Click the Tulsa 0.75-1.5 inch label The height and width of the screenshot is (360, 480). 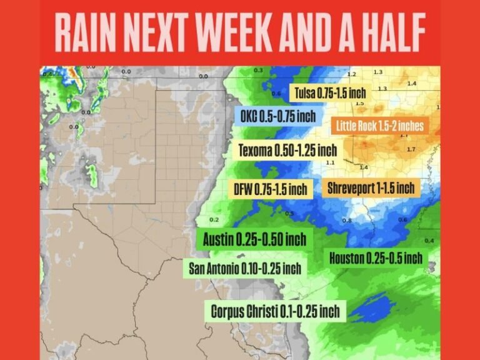tap(329, 93)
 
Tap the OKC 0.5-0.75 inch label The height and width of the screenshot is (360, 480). tap(278, 116)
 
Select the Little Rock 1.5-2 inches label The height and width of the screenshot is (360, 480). tap(379, 126)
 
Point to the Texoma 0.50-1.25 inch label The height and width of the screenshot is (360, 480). tap(287, 151)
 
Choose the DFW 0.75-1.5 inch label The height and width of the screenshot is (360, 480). tap(271, 189)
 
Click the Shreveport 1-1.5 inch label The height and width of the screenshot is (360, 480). tap(371, 187)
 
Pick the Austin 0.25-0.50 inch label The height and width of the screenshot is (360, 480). tap(254, 239)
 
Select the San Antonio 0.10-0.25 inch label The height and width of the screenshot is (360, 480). tap(244, 269)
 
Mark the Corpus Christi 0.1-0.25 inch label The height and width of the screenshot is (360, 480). tap(275, 311)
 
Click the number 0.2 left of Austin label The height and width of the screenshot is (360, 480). tap(214, 220)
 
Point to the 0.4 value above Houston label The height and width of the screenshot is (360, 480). tap(429, 241)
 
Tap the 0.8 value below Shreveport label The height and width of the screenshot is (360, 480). tap(347, 220)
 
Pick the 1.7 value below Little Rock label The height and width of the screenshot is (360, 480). tap(411, 149)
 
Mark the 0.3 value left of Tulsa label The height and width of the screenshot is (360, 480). tap(258, 71)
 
